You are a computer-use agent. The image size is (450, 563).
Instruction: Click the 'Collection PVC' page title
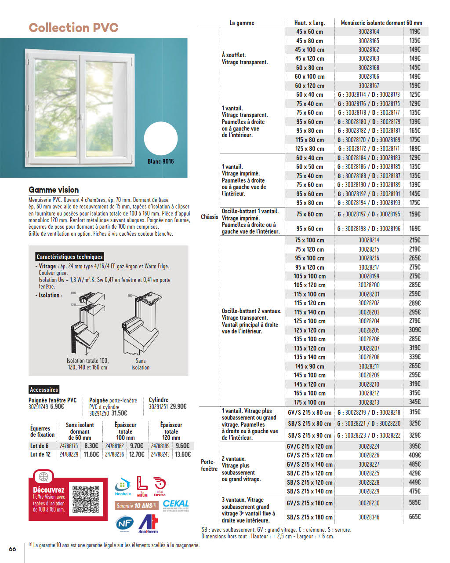[x=73, y=28]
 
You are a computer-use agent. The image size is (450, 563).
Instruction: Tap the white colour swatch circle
[x=161, y=139]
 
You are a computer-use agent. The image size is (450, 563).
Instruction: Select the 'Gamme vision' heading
[x=54, y=190]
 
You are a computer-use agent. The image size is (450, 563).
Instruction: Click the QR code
[x=86, y=499]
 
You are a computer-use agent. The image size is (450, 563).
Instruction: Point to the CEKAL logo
[x=175, y=505]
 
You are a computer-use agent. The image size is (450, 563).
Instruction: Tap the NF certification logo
[x=124, y=523]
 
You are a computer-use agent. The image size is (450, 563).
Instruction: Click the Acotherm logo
[x=148, y=523]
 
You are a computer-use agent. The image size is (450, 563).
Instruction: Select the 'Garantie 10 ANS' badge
[x=136, y=506]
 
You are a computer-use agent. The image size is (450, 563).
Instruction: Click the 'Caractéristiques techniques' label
[x=69, y=257]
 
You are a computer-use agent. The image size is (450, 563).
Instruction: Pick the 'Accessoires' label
[x=44, y=390]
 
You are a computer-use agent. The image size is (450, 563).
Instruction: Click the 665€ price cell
[x=414, y=517]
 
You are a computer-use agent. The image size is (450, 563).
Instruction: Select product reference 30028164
[x=369, y=32]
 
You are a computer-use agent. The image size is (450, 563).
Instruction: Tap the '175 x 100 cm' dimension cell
[x=309, y=402]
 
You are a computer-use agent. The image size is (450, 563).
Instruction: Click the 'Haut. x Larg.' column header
[x=309, y=23]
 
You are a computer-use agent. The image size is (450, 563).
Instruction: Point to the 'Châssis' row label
[x=210, y=217]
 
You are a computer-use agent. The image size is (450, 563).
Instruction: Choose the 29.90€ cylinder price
[x=178, y=407]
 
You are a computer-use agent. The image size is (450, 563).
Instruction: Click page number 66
[x=12, y=548]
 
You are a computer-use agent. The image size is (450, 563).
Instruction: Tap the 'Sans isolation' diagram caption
[x=140, y=364]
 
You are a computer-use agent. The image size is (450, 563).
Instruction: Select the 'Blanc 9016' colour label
[x=160, y=161]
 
